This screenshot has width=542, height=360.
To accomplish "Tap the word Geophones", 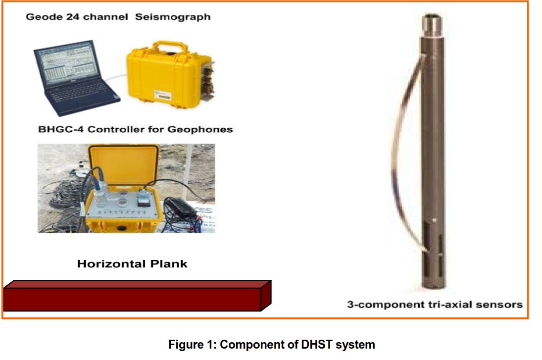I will (x=204, y=130).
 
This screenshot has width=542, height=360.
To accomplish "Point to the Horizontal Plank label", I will (x=132, y=263).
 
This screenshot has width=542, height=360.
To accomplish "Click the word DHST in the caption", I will (x=317, y=344).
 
